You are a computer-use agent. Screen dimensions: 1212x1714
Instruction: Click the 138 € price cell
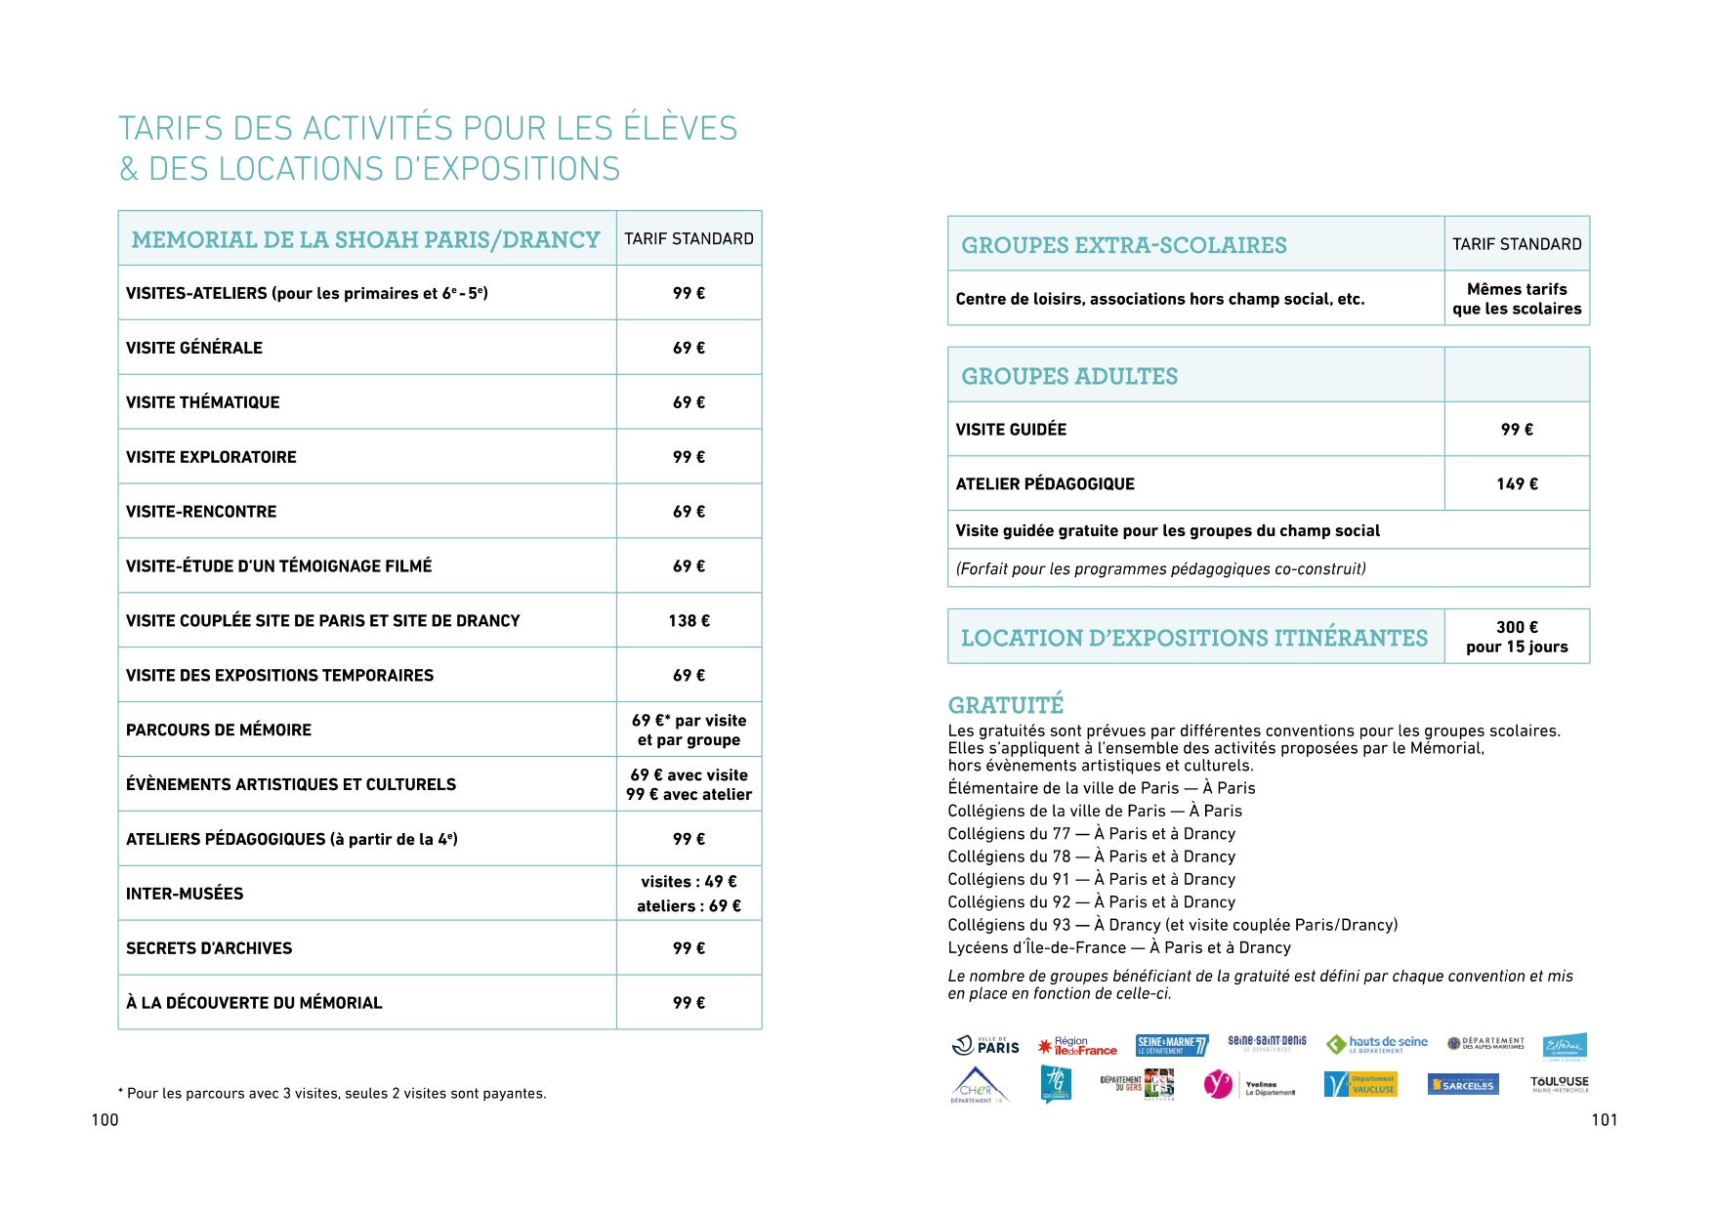pos(689,620)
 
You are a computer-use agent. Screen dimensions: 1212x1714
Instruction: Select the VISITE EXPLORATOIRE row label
pos(211,457)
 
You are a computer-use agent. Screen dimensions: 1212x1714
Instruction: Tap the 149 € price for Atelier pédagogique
pos(1517,483)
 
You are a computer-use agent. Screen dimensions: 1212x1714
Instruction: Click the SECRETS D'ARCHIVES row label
pos(209,948)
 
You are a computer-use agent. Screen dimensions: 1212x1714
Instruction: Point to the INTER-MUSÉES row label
pos(185,894)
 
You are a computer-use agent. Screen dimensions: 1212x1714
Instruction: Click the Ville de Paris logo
pos(985,1046)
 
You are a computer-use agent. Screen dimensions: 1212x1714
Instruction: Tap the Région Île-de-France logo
pos(1077,1046)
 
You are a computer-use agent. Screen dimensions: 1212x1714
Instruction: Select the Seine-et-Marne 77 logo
pos(1172,1045)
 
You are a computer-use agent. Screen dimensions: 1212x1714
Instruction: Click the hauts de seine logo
pos(1377,1044)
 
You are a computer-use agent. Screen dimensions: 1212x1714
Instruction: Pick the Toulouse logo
pos(1559,1083)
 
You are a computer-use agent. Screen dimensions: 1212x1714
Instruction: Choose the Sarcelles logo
pos(1462,1085)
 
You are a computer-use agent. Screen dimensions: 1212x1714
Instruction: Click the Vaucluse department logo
pos(1360,1084)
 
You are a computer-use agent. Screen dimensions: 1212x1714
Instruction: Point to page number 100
pos(105,1120)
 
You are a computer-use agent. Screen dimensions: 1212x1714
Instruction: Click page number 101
pos(1605,1120)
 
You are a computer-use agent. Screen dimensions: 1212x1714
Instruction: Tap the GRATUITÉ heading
pos(1005,705)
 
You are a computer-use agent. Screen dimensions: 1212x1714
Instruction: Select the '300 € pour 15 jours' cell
pos(1517,637)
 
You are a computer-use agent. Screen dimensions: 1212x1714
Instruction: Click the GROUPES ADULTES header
pos(1069,376)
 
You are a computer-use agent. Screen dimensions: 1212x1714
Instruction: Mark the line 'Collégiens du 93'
pos(1172,925)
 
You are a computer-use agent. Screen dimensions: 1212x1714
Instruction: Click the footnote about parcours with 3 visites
pos(332,1094)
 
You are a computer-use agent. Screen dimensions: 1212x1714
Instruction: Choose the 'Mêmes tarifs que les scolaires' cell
pos(1517,299)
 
